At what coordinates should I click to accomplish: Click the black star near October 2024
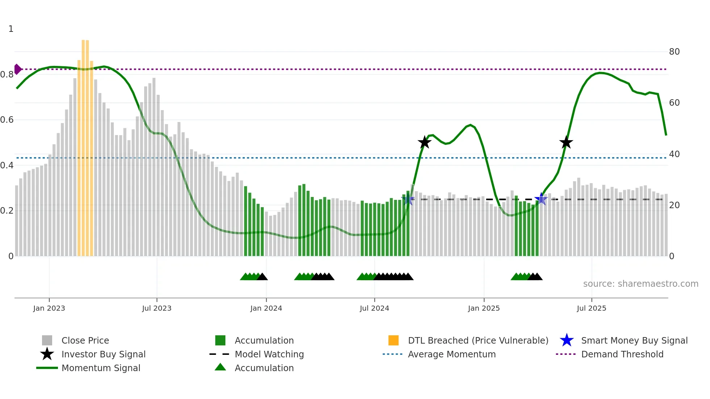tap(425, 142)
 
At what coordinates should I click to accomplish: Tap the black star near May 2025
tap(566, 142)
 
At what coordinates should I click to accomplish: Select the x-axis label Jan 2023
tap(49, 308)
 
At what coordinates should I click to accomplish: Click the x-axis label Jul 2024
tap(374, 308)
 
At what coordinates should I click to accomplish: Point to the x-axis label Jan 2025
tap(484, 308)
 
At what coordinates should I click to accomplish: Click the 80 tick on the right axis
tap(674, 52)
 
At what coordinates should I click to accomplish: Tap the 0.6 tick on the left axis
tap(7, 120)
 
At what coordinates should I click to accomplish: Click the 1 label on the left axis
tap(11, 29)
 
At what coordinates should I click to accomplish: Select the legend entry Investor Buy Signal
tap(103, 354)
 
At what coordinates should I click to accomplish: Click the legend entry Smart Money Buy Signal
tap(634, 340)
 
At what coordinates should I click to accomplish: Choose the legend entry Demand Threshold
tap(622, 354)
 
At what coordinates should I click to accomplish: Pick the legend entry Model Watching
tap(269, 354)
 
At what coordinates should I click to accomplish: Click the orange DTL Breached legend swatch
tap(393, 340)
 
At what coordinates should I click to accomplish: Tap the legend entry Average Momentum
tap(451, 354)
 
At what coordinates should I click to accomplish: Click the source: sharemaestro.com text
tap(640, 284)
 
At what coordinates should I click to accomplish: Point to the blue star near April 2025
tap(541, 199)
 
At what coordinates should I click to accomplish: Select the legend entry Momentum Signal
tap(101, 368)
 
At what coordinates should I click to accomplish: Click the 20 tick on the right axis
tap(674, 205)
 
